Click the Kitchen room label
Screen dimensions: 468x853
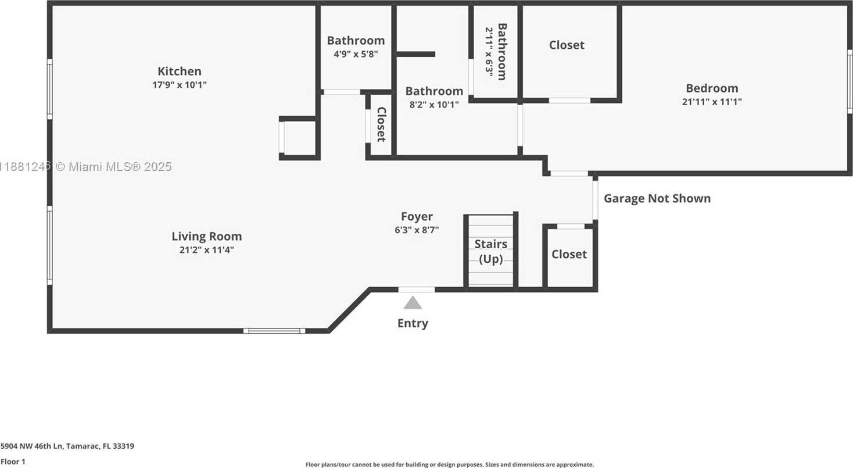pyautogui.click(x=180, y=72)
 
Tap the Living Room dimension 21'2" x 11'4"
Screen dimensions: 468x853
pyautogui.click(x=207, y=250)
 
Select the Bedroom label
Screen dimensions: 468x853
pyautogui.click(x=712, y=88)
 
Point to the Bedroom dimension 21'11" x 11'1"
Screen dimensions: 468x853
pyautogui.click(x=712, y=102)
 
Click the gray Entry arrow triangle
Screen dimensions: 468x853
pyautogui.click(x=413, y=303)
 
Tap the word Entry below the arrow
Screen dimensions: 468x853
pyautogui.click(x=413, y=323)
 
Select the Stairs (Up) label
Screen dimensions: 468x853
pyautogui.click(x=491, y=251)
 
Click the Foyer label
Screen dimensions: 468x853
pyautogui.click(x=417, y=217)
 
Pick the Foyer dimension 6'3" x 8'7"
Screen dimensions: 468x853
pyautogui.click(x=417, y=230)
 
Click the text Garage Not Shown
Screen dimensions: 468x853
pyautogui.click(x=657, y=198)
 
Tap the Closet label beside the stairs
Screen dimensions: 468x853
pyautogui.click(x=569, y=254)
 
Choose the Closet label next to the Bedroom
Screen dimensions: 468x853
pyautogui.click(x=567, y=45)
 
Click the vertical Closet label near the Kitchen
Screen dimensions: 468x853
pyautogui.click(x=381, y=124)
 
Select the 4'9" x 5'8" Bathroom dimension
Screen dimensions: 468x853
pyautogui.click(x=356, y=54)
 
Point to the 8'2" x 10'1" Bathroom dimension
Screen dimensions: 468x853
pyautogui.click(x=434, y=105)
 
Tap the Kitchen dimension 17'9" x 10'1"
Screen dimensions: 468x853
pyautogui.click(x=180, y=85)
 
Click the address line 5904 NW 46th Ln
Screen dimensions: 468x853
pyautogui.click(x=67, y=446)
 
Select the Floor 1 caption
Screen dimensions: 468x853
pyautogui.click(x=13, y=462)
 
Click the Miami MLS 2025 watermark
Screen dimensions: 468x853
pyautogui.click(x=87, y=167)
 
